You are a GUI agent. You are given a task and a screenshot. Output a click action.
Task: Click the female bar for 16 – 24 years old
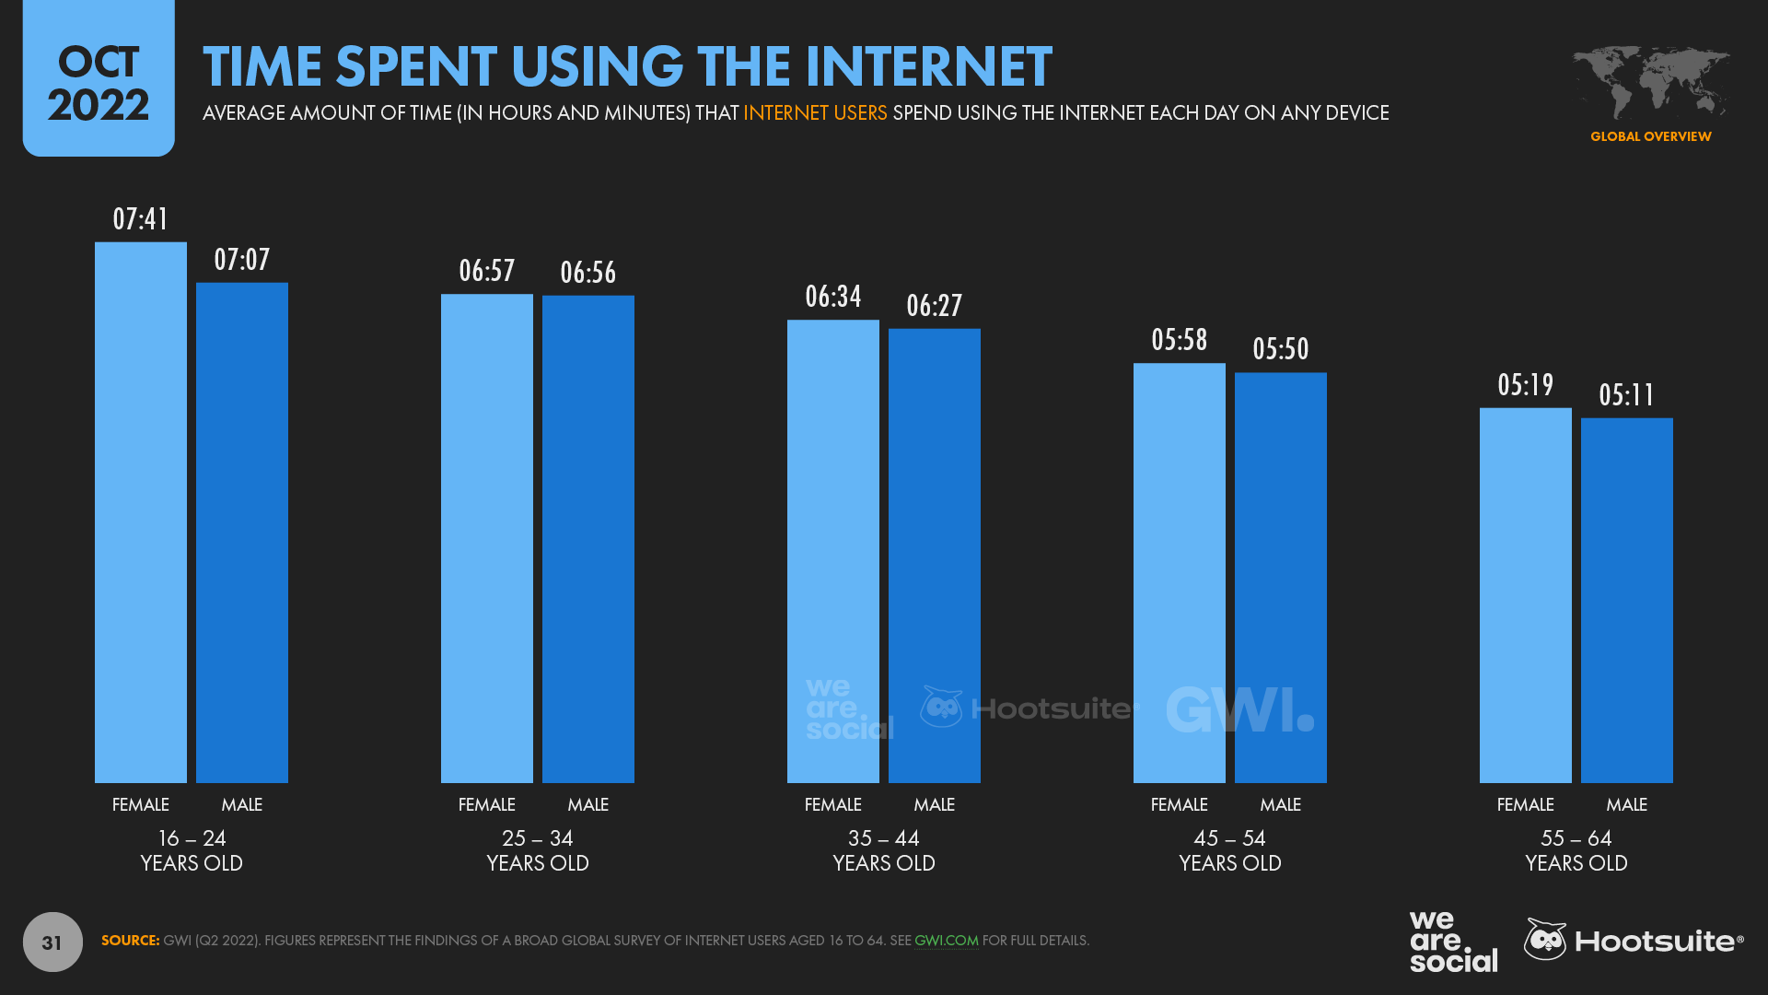(140, 512)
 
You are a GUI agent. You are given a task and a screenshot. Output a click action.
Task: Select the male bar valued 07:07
(241, 533)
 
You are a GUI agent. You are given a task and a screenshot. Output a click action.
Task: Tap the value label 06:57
(486, 271)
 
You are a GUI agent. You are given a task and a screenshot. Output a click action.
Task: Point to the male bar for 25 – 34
(587, 539)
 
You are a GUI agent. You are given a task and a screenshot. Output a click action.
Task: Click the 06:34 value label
(832, 297)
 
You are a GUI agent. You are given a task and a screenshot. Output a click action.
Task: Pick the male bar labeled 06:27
(934, 556)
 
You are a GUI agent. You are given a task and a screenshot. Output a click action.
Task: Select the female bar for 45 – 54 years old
(1179, 573)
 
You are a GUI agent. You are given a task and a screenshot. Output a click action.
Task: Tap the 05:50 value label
(1280, 349)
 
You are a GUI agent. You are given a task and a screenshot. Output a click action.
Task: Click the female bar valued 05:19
(1525, 595)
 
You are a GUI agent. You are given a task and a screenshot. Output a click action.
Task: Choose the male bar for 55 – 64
(1626, 601)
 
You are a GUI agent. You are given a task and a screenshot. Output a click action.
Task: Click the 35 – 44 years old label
(883, 850)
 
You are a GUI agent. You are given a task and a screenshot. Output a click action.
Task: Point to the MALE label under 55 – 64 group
(1626, 804)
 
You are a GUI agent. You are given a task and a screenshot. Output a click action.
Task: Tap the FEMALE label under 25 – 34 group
(486, 804)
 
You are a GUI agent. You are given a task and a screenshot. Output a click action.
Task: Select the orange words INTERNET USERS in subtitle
(815, 112)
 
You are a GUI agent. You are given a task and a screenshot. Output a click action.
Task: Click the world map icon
(1650, 81)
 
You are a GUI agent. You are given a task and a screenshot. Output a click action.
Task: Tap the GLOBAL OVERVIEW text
(1650, 136)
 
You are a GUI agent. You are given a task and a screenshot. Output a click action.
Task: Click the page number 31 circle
(52, 942)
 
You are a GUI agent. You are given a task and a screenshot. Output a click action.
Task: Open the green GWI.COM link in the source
(946, 941)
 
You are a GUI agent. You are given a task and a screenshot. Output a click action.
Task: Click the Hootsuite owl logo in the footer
(1546, 940)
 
